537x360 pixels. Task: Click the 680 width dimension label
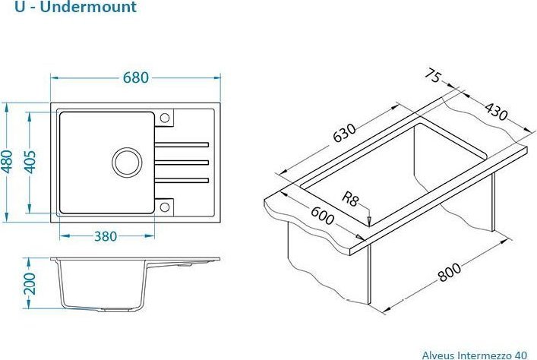click(x=135, y=77)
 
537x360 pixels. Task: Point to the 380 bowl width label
click(x=105, y=236)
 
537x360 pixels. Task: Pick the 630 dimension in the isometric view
click(x=343, y=134)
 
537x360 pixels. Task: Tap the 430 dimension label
click(x=494, y=112)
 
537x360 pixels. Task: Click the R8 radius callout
click(x=350, y=200)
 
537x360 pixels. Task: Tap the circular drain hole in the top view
click(x=127, y=161)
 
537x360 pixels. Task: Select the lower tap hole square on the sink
click(x=165, y=204)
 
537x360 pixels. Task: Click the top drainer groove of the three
click(x=182, y=144)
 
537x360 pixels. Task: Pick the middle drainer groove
click(x=182, y=161)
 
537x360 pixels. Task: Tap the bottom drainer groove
click(x=182, y=179)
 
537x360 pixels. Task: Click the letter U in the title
click(x=8, y=8)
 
